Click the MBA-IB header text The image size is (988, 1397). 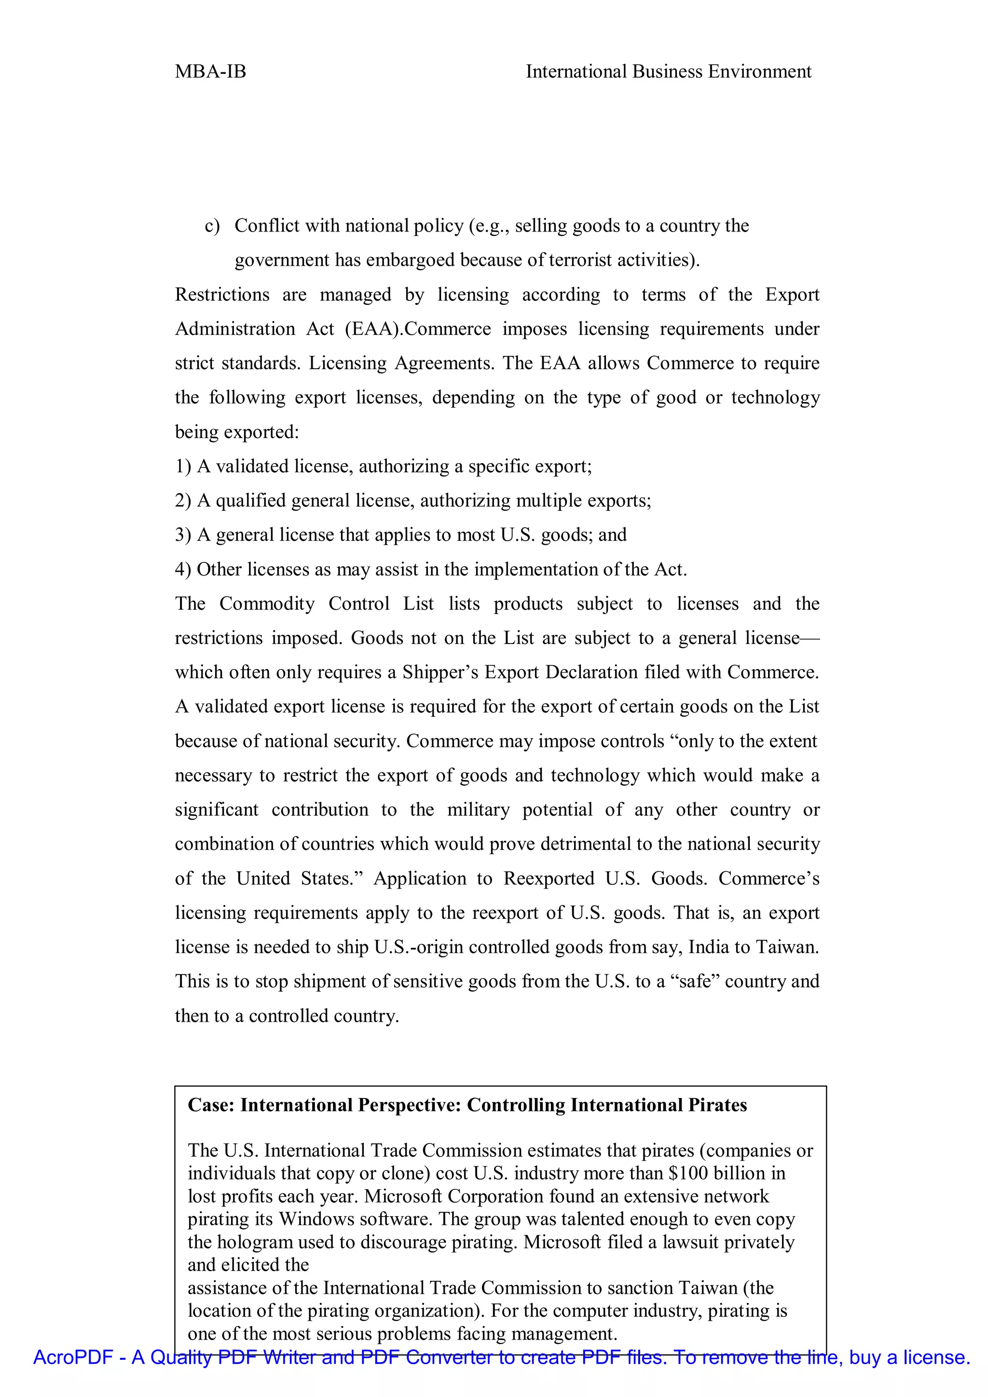pyautogui.click(x=210, y=72)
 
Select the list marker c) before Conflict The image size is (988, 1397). pyautogui.click(x=212, y=226)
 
